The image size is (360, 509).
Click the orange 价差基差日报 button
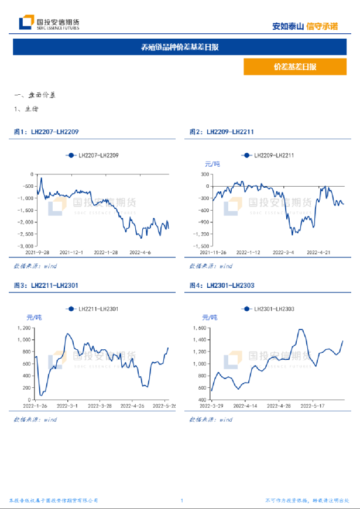coord(294,67)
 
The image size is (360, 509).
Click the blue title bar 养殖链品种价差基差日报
coord(180,47)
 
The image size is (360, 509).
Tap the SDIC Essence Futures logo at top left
coord(49,23)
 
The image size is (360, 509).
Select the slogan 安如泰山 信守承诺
coord(305,26)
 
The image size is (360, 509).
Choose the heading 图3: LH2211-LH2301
coord(46,285)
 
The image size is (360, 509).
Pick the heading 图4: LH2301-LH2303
coord(222,285)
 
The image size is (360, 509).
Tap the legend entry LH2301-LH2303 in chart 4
coord(269,308)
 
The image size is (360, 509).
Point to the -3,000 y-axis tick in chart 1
coord(26,246)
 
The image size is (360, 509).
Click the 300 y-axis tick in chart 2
coord(205,174)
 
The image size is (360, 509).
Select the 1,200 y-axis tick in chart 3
coord(26,327)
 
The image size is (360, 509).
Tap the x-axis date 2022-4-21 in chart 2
coord(319,253)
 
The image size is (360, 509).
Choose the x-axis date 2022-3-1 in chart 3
coord(70,405)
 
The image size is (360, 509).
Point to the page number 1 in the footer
coord(182,500)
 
